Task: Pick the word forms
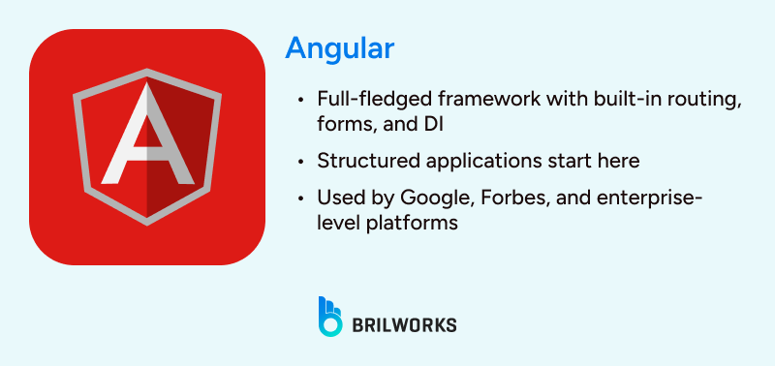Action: pyautogui.click(x=340, y=124)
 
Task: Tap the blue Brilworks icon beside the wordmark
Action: pyautogui.click(x=330, y=317)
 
